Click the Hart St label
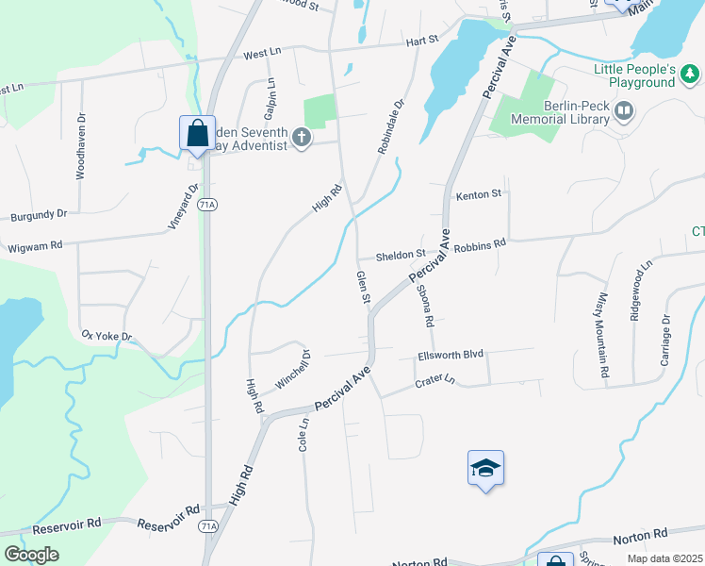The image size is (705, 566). coord(423,41)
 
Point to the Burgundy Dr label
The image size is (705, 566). coord(39,215)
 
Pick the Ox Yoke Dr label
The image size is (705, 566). coord(107,336)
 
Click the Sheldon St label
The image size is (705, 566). coord(401,255)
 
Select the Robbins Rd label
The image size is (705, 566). coord(480,244)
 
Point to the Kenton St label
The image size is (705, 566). coord(479,195)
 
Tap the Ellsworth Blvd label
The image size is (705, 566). coord(451,355)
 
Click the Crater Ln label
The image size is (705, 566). coord(435,381)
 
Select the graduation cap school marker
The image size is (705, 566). coord(485,468)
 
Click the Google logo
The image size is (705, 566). coord(31,555)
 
